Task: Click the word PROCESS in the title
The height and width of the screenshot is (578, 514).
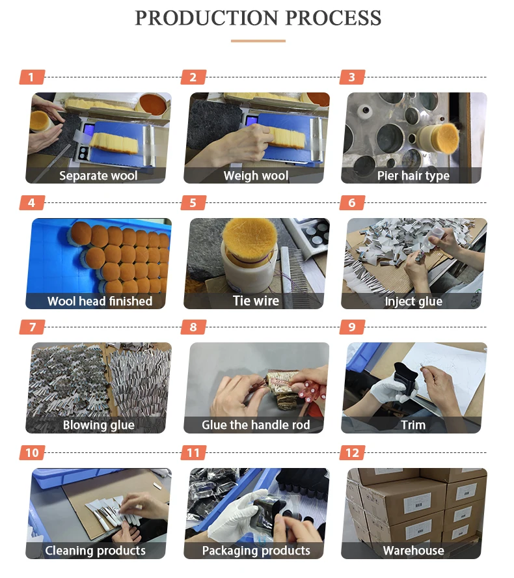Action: coord(333,18)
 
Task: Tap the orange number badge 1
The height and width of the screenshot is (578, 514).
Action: coord(32,77)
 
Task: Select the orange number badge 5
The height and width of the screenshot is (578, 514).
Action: coord(193,202)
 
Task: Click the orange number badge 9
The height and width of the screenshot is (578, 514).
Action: coord(352,327)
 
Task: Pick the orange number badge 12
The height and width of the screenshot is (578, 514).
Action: coord(352,452)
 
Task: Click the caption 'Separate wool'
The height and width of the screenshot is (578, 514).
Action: coord(98,176)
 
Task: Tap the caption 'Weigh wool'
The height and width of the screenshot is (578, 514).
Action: coord(256,176)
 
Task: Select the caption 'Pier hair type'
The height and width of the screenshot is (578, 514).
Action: coord(413,176)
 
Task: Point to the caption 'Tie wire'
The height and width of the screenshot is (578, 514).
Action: coord(256,301)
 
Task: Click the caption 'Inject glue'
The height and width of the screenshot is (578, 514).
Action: coord(413,301)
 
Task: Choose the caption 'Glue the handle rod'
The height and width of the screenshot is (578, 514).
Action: coord(256,424)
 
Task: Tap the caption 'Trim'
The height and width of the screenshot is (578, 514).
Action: coord(413,425)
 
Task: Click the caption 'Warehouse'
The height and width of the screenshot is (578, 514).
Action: coord(413,551)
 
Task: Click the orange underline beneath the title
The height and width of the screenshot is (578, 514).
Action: coord(258,41)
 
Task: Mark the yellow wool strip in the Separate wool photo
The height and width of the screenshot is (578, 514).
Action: coord(115,143)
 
